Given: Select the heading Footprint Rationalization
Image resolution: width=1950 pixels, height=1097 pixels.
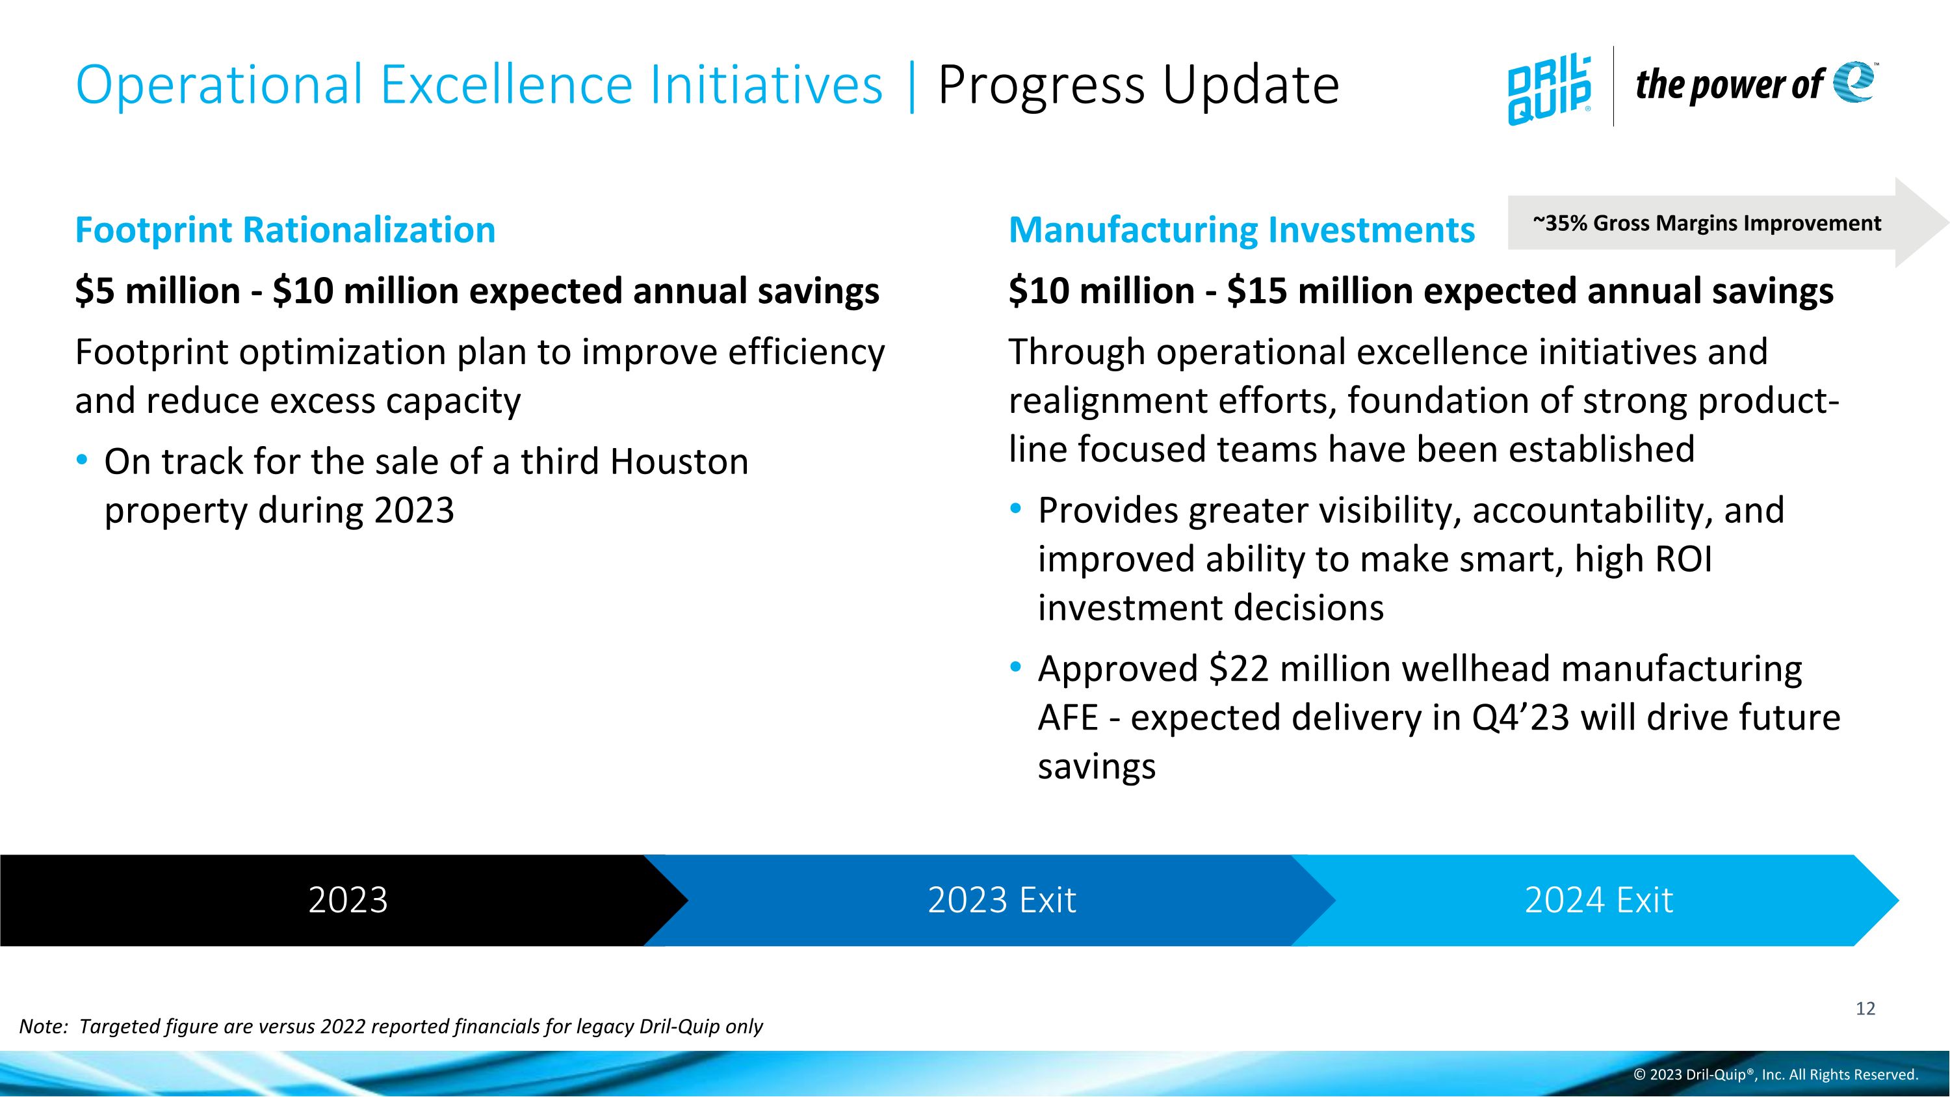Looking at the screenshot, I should click(x=285, y=230).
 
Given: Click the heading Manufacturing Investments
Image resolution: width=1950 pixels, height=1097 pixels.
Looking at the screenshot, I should click(x=1241, y=230).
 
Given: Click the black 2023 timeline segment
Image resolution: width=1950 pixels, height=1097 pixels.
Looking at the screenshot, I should click(x=348, y=900).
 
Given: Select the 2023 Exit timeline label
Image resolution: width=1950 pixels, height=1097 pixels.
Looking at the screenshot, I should click(x=1002, y=900).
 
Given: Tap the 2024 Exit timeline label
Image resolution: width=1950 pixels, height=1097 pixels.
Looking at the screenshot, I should click(x=1598, y=900).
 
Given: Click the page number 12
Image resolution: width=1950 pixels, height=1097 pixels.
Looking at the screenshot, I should click(x=1865, y=1009).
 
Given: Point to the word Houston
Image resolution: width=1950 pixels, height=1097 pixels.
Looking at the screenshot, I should click(x=679, y=462).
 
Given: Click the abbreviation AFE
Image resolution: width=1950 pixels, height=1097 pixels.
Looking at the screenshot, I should click(x=1067, y=718).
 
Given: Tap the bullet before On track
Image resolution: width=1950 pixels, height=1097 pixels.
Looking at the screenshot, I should click(x=83, y=460).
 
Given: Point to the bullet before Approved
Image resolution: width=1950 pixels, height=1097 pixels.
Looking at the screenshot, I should click(x=1016, y=668).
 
